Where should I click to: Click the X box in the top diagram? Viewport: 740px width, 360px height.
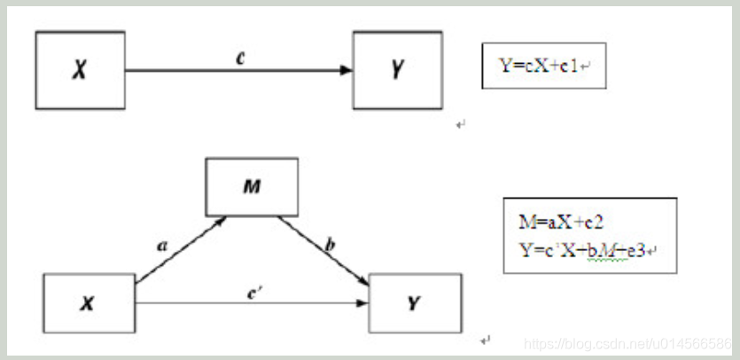(x=80, y=70)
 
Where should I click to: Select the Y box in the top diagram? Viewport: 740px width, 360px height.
(x=396, y=70)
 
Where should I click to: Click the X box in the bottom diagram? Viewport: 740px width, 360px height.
(x=88, y=303)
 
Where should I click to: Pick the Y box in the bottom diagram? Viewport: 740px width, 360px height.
(x=415, y=303)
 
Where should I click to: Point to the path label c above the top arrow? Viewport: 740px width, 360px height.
(x=239, y=58)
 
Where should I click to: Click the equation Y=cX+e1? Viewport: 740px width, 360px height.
(x=541, y=66)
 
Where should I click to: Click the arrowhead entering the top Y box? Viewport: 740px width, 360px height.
(x=347, y=70)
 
